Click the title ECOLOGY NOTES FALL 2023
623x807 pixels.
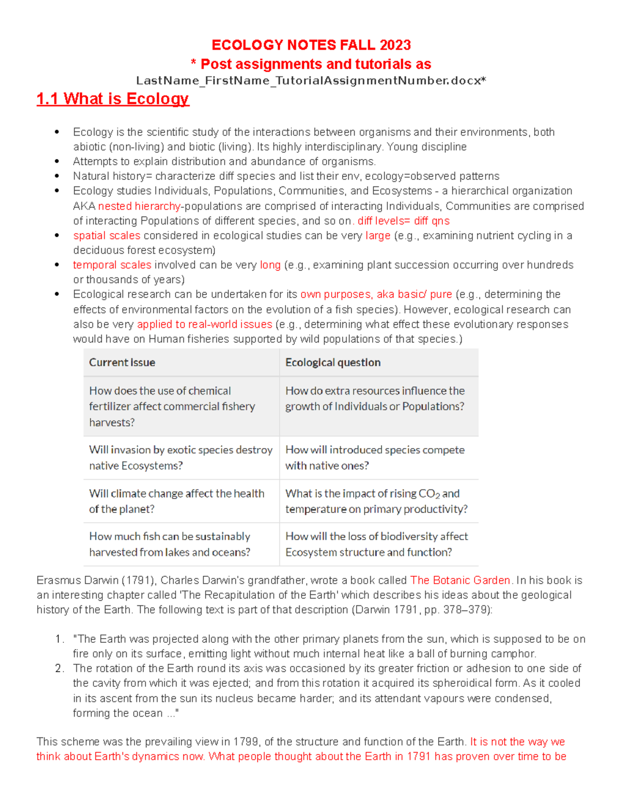tap(311, 45)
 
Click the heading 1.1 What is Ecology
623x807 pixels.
tap(113, 99)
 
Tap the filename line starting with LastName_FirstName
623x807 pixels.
tap(311, 81)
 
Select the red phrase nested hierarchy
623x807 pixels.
tap(139, 206)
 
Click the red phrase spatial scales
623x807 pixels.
tap(106, 236)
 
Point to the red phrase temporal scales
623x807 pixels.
tap(112, 265)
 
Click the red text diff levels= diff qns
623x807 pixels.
tap(403, 221)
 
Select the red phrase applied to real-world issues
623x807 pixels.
tap(205, 324)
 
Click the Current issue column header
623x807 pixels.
tap(122, 363)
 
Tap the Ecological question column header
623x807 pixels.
tap(333, 363)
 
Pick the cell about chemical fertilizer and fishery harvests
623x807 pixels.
tap(172, 406)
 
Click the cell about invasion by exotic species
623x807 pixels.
tap(181, 458)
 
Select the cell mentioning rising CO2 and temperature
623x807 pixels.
tap(376, 501)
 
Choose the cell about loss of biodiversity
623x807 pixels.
tap(376, 544)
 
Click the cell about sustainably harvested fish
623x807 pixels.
tap(170, 544)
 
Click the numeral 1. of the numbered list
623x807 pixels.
tap(59, 639)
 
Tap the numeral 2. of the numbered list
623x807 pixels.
tap(59, 669)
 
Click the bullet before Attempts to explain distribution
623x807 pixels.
tap(57, 162)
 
